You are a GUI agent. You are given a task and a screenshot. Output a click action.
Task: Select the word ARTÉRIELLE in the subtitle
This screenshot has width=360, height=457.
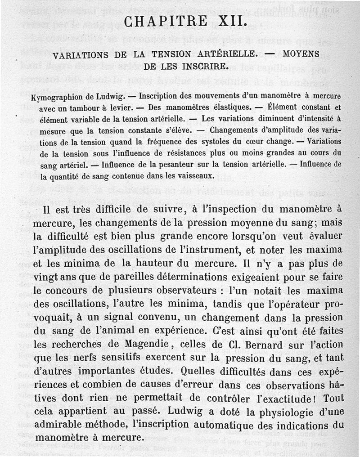pos(214,55)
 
